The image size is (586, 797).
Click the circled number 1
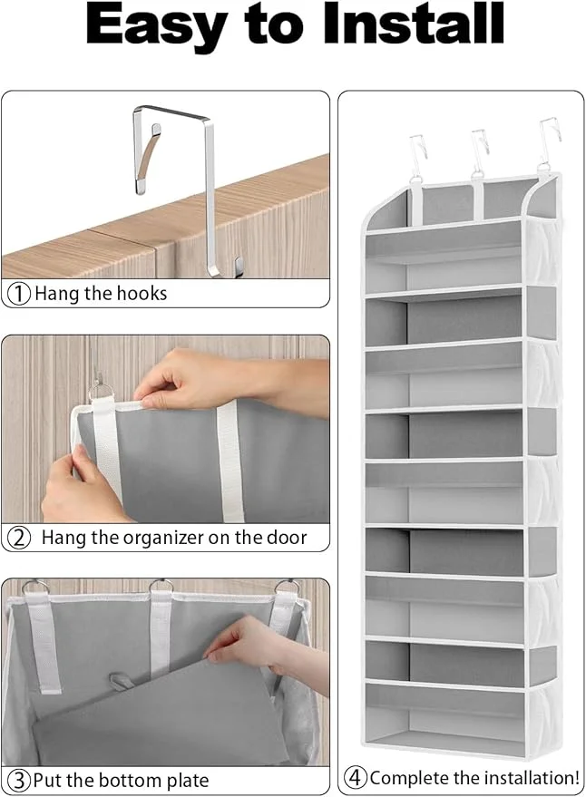tap(19, 293)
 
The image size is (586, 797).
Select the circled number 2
tap(19, 537)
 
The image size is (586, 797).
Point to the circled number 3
tap(19, 780)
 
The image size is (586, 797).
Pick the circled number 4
tap(356, 778)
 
